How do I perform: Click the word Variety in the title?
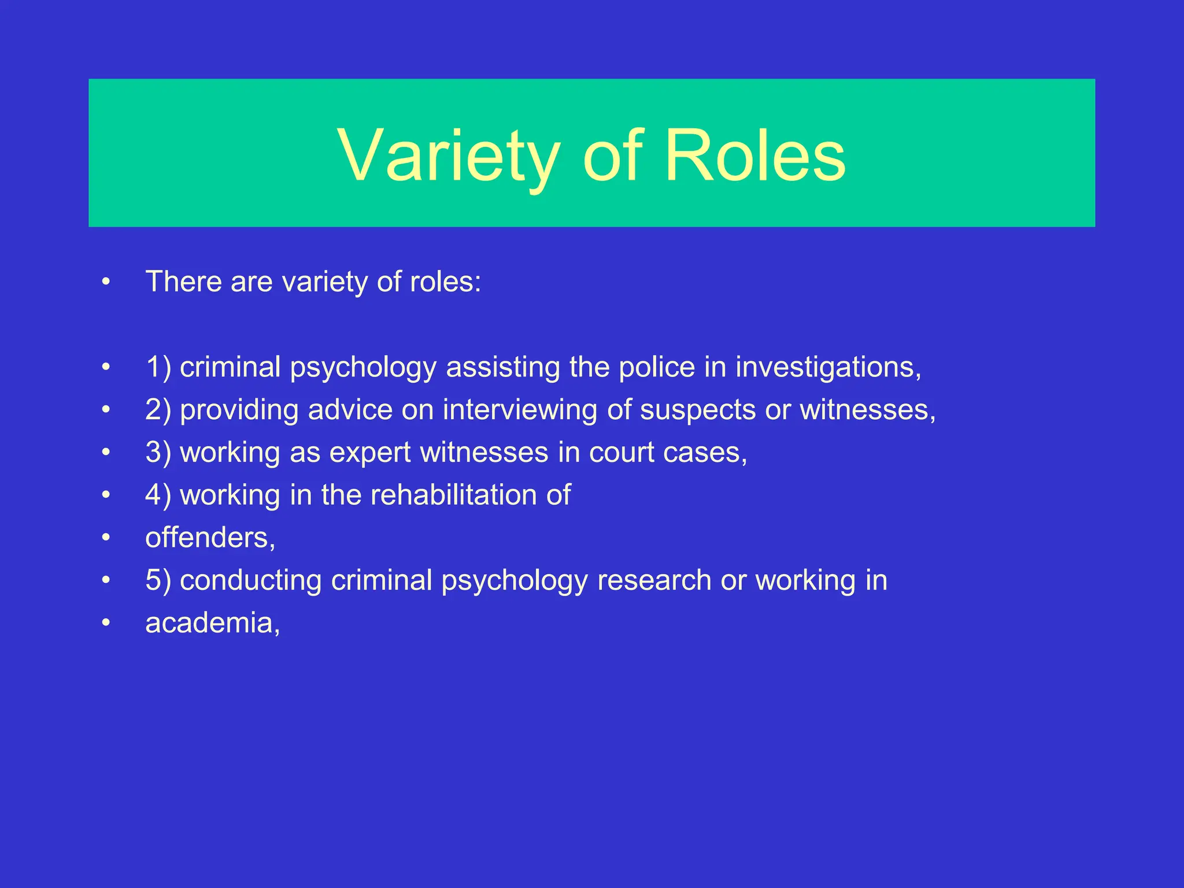449,156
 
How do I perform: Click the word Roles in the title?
755,156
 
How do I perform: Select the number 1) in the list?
158,368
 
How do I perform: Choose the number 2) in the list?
158,410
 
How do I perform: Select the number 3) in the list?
158,453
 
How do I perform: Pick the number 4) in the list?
158,495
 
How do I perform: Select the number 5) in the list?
158,580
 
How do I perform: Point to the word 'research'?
654,580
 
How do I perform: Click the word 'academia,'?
213,623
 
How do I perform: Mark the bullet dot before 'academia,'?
105,623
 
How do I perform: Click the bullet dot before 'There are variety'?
105,282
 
